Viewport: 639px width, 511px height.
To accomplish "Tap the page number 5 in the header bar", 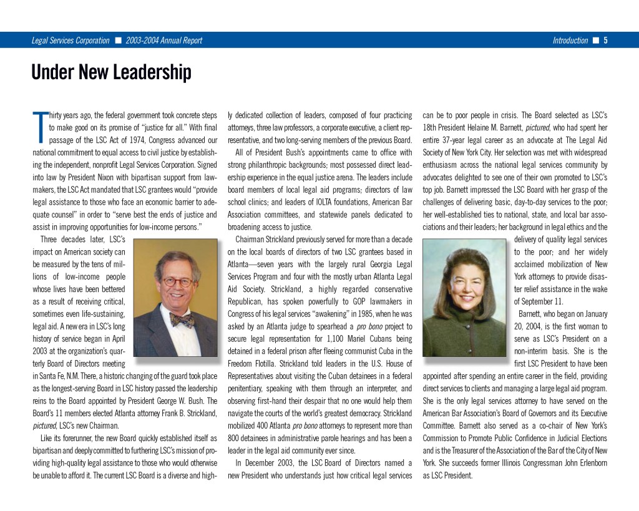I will (605, 41).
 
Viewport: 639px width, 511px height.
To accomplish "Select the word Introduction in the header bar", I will (570, 41).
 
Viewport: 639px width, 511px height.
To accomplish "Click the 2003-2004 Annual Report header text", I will (163, 41).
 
